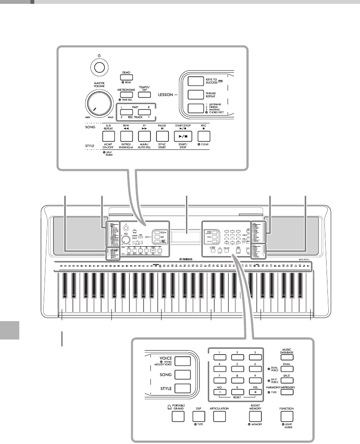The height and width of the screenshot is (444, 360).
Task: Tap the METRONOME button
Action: click(x=126, y=95)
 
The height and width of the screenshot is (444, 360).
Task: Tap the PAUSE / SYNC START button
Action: click(x=162, y=137)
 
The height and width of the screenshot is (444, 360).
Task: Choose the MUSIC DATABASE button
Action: click(x=287, y=355)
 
